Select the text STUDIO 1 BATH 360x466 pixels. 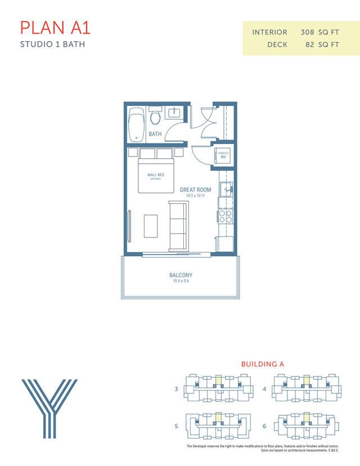52,44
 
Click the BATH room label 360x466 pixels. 155,135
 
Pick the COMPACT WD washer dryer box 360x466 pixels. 223,156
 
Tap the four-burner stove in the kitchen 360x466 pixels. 226,217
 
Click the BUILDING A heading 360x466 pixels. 263,364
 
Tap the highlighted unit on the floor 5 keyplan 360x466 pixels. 218,418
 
